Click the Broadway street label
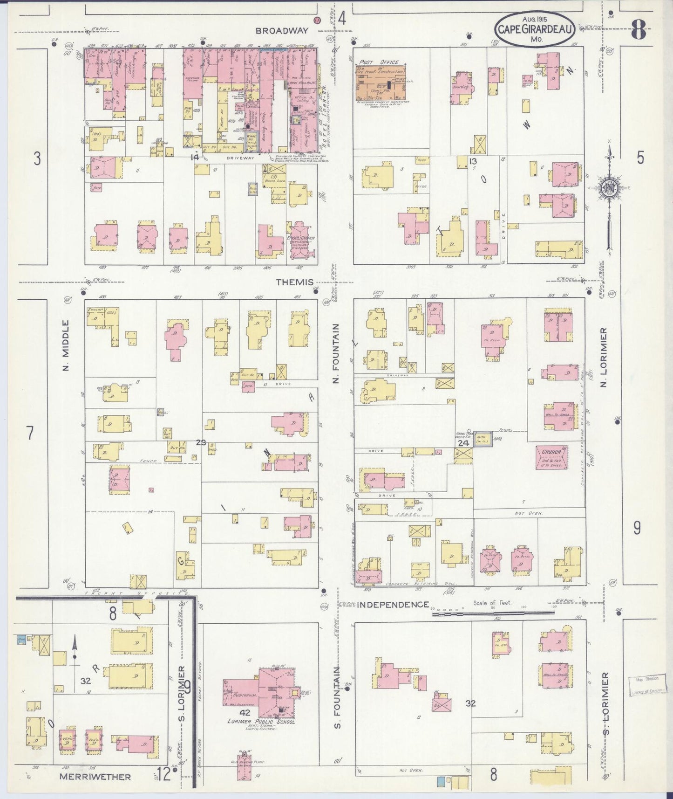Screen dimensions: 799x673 point(282,31)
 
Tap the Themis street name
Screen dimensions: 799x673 point(294,282)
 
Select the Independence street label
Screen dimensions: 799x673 point(393,605)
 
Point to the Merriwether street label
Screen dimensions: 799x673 point(95,777)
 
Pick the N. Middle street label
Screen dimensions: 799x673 point(66,345)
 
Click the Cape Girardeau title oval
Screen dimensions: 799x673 point(534,29)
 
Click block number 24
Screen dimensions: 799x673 point(462,443)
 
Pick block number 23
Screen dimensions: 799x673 point(201,442)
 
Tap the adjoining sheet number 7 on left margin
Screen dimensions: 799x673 point(30,433)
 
